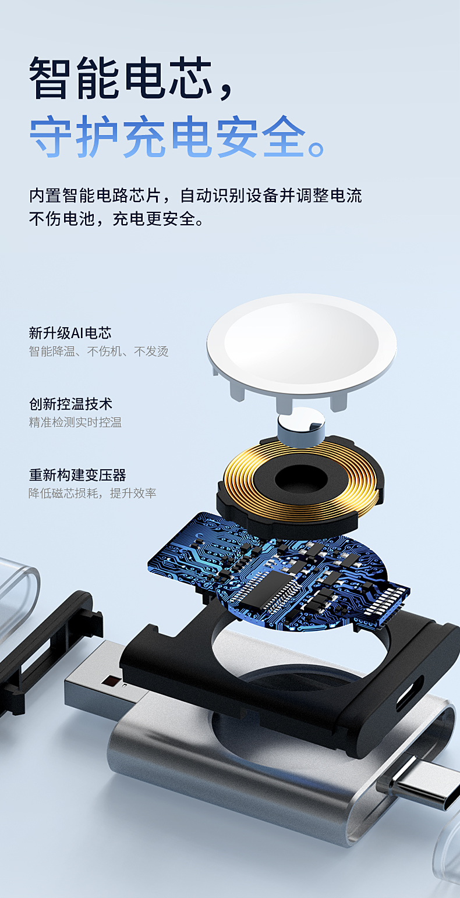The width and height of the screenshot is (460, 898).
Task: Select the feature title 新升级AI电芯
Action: (70, 333)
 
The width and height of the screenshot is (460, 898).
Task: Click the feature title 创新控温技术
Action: (70, 404)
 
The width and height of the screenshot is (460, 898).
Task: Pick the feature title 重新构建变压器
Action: (77, 475)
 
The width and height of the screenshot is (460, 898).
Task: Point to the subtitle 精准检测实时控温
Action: (75, 422)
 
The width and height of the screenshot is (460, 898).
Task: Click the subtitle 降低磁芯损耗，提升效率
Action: (92, 493)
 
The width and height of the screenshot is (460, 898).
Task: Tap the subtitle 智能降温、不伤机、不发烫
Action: (98, 351)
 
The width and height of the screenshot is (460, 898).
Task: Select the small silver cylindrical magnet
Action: (301, 426)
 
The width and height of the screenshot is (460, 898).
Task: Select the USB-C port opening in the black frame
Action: (409, 698)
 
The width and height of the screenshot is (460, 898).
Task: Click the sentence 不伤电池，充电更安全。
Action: (117, 219)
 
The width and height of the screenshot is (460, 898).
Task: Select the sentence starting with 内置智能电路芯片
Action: (196, 196)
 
